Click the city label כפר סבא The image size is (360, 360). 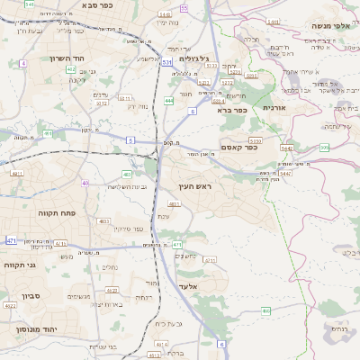96,5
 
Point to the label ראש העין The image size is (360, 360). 195,185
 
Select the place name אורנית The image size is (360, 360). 274,107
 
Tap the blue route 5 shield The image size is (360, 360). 130,140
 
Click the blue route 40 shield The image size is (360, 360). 85,183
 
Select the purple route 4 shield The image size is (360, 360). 22,64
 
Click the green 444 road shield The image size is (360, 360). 169,101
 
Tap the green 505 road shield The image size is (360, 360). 324,147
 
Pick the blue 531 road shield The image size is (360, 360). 167,62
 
